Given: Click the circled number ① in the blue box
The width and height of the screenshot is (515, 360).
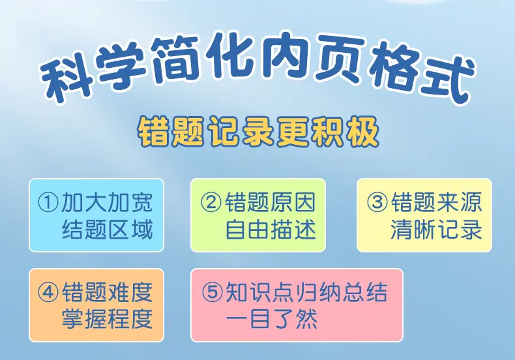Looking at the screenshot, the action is [48, 202].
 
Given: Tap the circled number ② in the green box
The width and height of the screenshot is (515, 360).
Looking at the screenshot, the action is [211, 202].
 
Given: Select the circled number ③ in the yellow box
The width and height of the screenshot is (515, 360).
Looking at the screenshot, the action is [377, 202].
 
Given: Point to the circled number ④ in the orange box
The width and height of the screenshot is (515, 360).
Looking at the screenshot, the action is [48, 292].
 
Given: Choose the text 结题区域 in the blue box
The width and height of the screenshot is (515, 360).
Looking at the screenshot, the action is [108, 230].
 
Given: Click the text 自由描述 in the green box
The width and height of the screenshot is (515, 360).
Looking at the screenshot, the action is [271, 230].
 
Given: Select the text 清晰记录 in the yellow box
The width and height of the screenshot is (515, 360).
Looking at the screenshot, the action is [437, 230].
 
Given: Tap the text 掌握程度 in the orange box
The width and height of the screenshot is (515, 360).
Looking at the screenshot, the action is [108, 319].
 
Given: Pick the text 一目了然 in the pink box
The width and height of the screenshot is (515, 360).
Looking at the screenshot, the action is [272, 319].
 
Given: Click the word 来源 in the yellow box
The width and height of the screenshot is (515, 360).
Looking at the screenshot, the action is [460, 202].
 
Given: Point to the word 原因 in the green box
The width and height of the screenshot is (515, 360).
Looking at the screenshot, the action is [293, 202].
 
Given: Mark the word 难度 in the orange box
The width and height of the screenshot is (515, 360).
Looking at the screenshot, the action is [131, 292].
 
